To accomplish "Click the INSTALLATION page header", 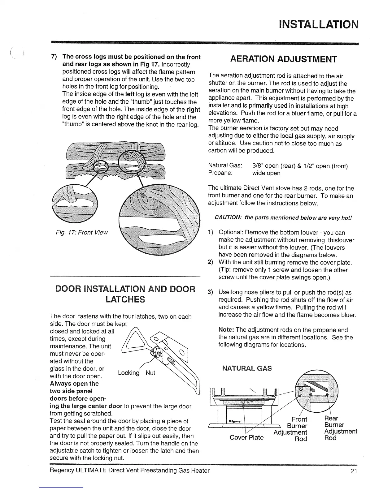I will pos(318,24).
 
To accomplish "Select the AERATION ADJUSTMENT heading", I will pos(283,59).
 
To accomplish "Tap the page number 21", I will pos(354,471).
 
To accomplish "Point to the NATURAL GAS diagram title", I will pos(247,368).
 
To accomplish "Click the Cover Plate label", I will pos(246,437).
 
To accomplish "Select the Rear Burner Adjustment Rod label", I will pos(340,428).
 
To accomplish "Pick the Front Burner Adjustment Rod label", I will pos(293,429).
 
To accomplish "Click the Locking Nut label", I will pos(136,373).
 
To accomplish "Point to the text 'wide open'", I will pos(266,173).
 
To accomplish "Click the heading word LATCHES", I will pos(125,299).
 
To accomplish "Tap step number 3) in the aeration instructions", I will pos(211,292).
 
